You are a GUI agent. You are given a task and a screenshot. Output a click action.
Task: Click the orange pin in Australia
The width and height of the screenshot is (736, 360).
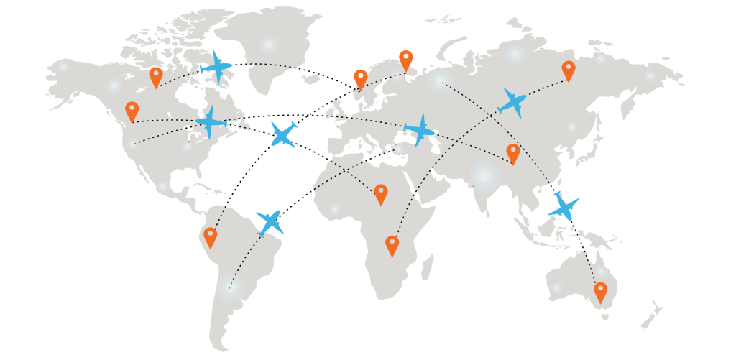pyautogui.click(x=600, y=291)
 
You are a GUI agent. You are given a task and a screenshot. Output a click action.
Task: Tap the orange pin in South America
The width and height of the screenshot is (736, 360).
pyautogui.click(x=210, y=236)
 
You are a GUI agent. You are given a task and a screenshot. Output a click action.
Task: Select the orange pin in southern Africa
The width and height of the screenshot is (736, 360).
pyautogui.click(x=392, y=244)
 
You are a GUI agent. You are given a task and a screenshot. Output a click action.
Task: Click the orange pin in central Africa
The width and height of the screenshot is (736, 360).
pyautogui.click(x=381, y=193)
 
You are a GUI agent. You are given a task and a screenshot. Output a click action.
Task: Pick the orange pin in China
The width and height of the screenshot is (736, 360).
pyautogui.click(x=512, y=152)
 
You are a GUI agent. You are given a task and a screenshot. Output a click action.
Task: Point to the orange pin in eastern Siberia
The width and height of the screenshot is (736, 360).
pyautogui.click(x=569, y=70)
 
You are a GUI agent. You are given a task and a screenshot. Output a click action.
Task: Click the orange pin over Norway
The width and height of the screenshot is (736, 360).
pyautogui.click(x=361, y=78)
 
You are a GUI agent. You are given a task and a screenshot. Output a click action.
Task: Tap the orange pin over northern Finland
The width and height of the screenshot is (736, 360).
pyautogui.click(x=406, y=59)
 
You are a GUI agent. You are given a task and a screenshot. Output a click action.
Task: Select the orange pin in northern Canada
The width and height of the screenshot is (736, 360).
pyautogui.click(x=156, y=75)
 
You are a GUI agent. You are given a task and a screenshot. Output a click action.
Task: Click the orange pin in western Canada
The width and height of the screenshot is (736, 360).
pyautogui.click(x=132, y=111)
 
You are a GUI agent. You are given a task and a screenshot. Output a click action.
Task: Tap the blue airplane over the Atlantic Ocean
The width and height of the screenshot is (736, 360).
pyautogui.click(x=283, y=134)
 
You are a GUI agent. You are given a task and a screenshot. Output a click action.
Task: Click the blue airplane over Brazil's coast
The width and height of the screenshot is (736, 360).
pyautogui.click(x=270, y=222)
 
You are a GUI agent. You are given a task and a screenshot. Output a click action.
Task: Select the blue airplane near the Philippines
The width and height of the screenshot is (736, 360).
pyautogui.click(x=563, y=206)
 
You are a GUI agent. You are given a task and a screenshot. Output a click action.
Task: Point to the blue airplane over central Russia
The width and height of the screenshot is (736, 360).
pyautogui.click(x=512, y=102)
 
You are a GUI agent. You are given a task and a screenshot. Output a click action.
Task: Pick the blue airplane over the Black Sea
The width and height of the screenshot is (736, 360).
pyautogui.click(x=420, y=131)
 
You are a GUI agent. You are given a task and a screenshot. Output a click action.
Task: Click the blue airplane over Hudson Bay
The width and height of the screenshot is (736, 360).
pyautogui.click(x=216, y=67)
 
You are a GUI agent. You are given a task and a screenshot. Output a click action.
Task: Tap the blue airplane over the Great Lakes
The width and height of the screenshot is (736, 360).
pyautogui.click(x=211, y=121)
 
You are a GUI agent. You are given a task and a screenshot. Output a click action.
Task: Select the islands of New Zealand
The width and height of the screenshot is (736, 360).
pyautogui.click(x=652, y=315)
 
